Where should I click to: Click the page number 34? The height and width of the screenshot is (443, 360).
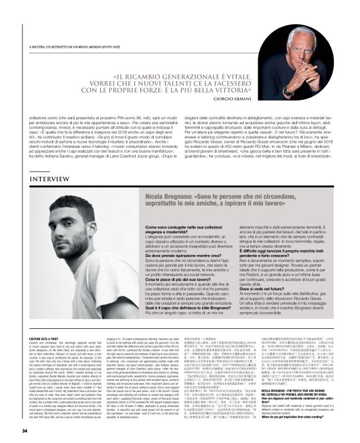point(25,431)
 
